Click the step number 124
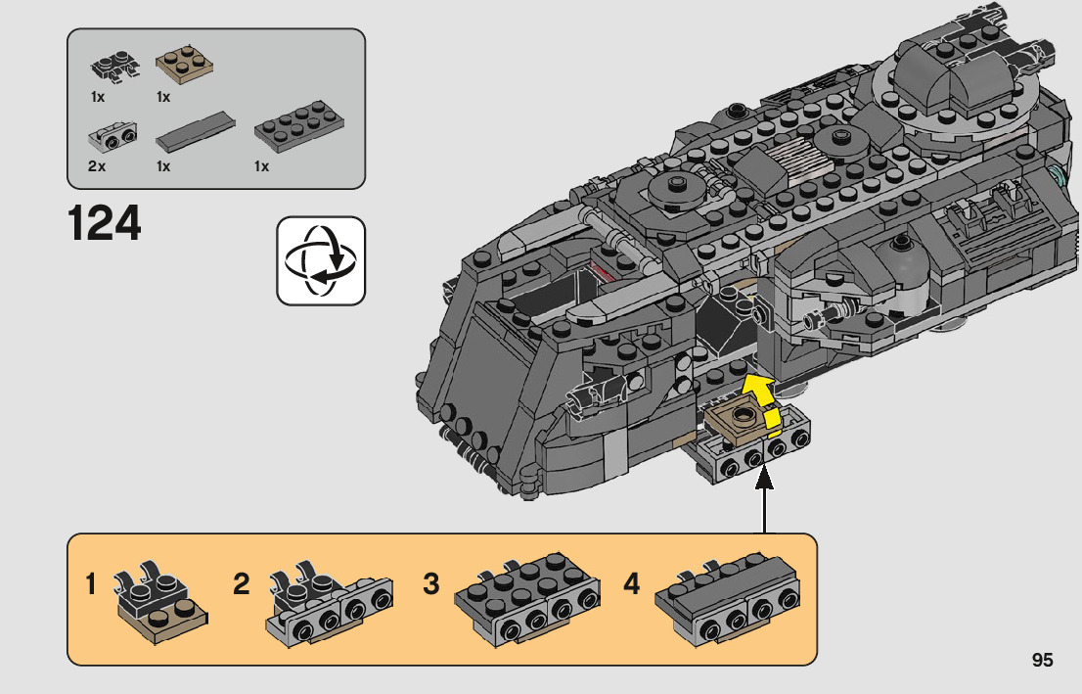[x=105, y=223]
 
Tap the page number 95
[x=1042, y=660]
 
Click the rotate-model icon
[x=321, y=261]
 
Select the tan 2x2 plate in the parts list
[x=184, y=66]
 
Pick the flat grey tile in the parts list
[x=196, y=132]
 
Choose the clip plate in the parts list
[x=114, y=67]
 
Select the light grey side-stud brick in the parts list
[x=113, y=137]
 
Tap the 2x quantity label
[x=97, y=166]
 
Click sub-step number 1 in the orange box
[x=90, y=584]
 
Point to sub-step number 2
[x=241, y=584]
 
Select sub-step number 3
[x=431, y=584]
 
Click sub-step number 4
[x=631, y=584]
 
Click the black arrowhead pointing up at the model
[x=764, y=478]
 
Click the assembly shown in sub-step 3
[x=526, y=599]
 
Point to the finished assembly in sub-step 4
[x=728, y=599]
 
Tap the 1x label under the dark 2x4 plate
[x=261, y=166]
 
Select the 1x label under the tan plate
[x=162, y=97]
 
